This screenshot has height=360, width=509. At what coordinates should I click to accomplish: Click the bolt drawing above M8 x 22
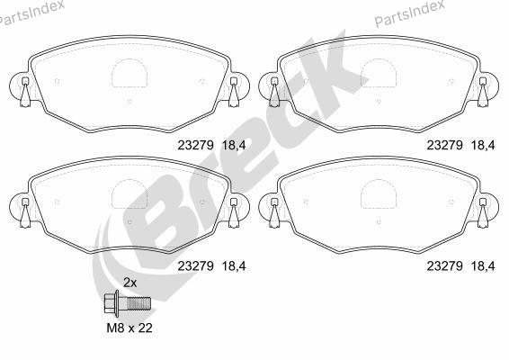pos(128,303)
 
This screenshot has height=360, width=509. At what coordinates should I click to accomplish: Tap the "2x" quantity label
pos(129,283)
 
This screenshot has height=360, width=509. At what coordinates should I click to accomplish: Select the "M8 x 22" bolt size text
pos(129,328)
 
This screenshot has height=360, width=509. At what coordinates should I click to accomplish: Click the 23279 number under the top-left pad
pos(195,145)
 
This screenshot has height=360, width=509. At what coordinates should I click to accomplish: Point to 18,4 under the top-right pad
pos(483,145)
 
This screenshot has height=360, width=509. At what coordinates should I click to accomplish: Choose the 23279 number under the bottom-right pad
pos(445,266)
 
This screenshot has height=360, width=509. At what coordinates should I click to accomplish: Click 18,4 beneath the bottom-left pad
pos(234,266)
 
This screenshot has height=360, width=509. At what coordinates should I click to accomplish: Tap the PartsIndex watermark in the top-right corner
pos(410,13)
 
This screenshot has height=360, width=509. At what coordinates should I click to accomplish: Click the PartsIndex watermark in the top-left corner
pos(31,13)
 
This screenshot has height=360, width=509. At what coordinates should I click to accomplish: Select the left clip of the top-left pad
pos(24,92)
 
